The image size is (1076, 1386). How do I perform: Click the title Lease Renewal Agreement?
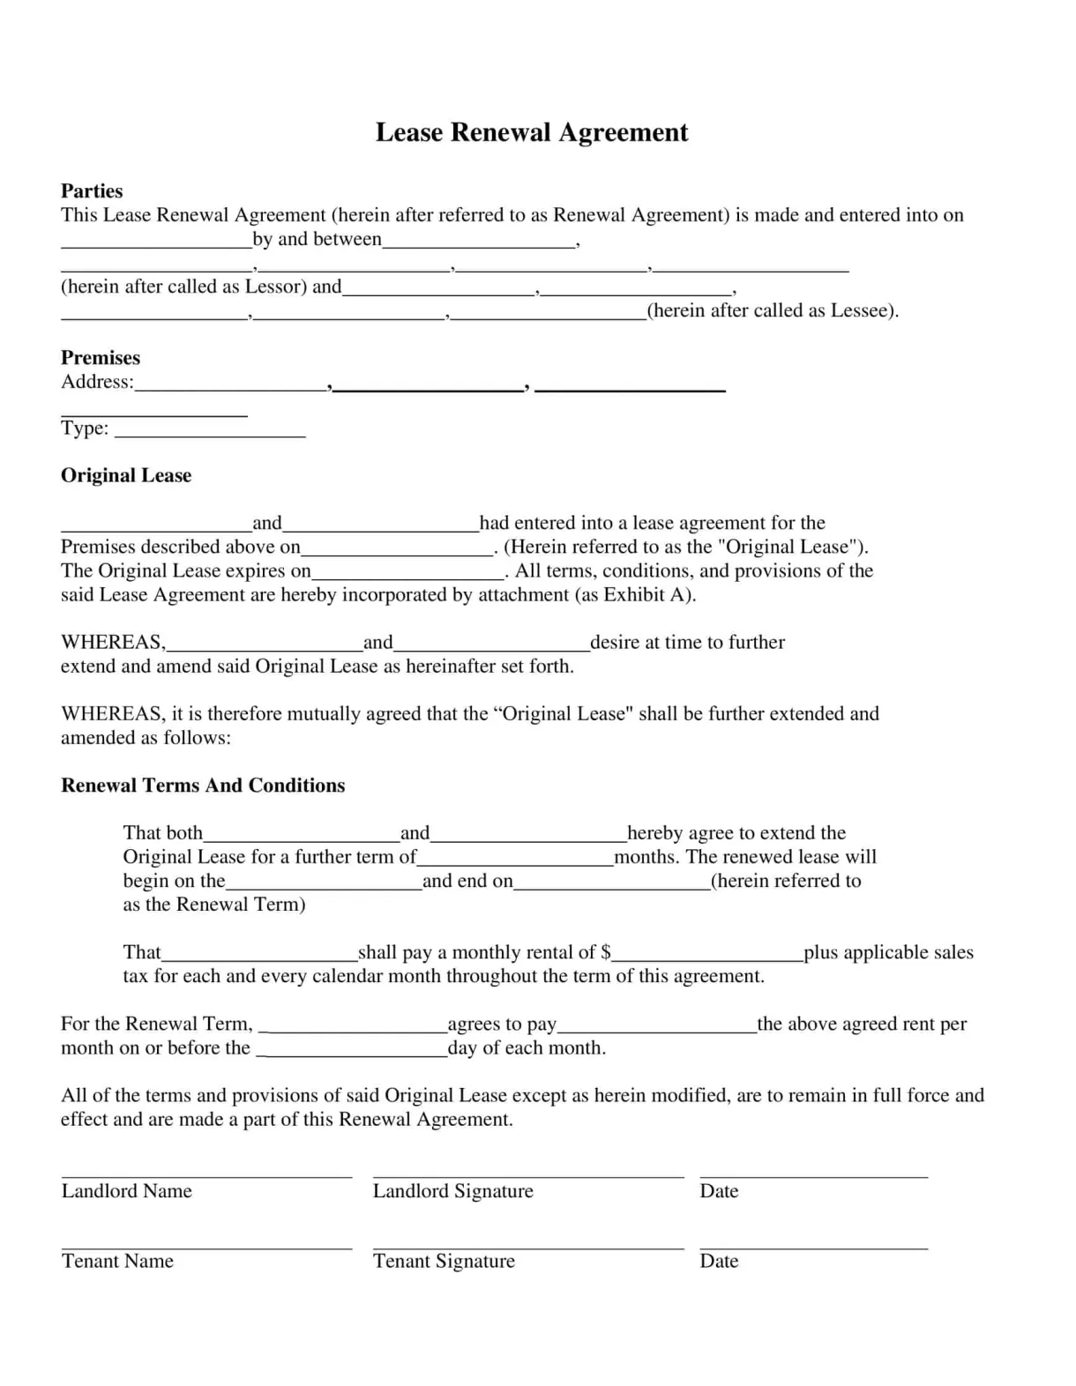pyautogui.click(x=532, y=132)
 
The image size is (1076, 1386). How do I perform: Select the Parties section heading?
pyautogui.click(x=92, y=190)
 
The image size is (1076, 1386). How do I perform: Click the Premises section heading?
pyautogui.click(x=101, y=357)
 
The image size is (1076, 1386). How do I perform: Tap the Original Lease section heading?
pyautogui.click(x=126, y=475)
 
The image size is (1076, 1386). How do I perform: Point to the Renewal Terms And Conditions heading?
pyautogui.click(x=203, y=785)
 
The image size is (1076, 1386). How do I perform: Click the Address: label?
pyautogui.click(x=97, y=382)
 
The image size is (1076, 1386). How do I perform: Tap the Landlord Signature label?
pyautogui.click(x=452, y=1191)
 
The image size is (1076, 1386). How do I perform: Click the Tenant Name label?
pyautogui.click(x=117, y=1261)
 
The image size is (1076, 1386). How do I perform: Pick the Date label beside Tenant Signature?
pyautogui.click(x=719, y=1261)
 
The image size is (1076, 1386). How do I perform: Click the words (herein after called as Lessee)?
pyautogui.click(x=773, y=310)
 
